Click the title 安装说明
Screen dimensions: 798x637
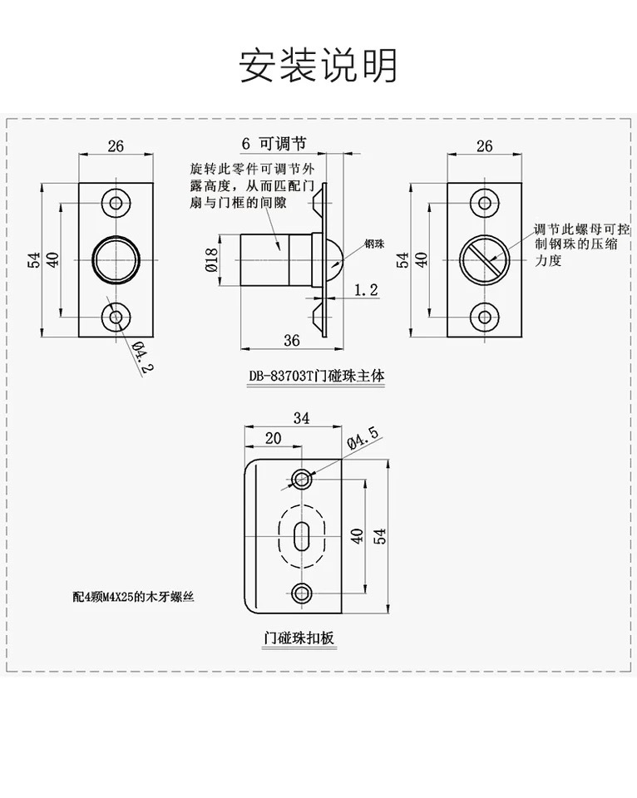(x=318, y=66)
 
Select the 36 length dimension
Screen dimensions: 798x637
(x=290, y=339)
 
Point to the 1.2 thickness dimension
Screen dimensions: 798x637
(x=366, y=290)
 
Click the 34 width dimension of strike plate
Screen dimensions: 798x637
(x=301, y=419)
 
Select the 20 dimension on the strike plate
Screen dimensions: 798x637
(x=272, y=438)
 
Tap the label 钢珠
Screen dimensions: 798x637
(x=373, y=244)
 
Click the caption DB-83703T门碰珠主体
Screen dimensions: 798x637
(x=317, y=375)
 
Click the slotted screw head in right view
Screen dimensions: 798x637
(x=483, y=259)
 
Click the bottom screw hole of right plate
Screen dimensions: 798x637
(x=483, y=316)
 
